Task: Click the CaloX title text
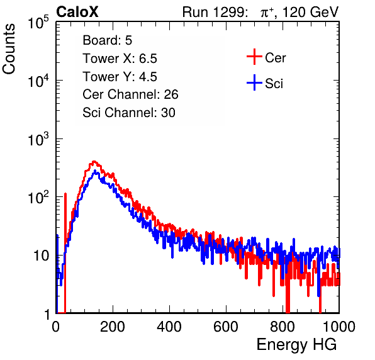tap(77, 12)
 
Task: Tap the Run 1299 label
tap(215, 12)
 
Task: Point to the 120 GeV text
tap(310, 12)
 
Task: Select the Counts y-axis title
tap(9, 48)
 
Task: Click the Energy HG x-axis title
tap(296, 345)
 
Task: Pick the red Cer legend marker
tap(254, 57)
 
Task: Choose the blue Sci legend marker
tap(254, 82)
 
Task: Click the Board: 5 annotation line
tap(108, 40)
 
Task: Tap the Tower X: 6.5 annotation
tap(120, 59)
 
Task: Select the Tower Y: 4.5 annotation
tap(120, 77)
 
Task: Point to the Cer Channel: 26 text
tap(130, 94)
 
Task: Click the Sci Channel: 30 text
tap(129, 113)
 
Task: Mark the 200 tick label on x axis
tap(113, 327)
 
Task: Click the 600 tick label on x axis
tap(226, 327)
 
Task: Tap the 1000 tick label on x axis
tap(339, 327)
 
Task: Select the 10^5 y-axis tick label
tap(38, 22)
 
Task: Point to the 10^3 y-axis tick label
tap(38, 139)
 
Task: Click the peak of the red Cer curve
tap(94, 162)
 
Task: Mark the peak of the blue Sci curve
tap(95, 171)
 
